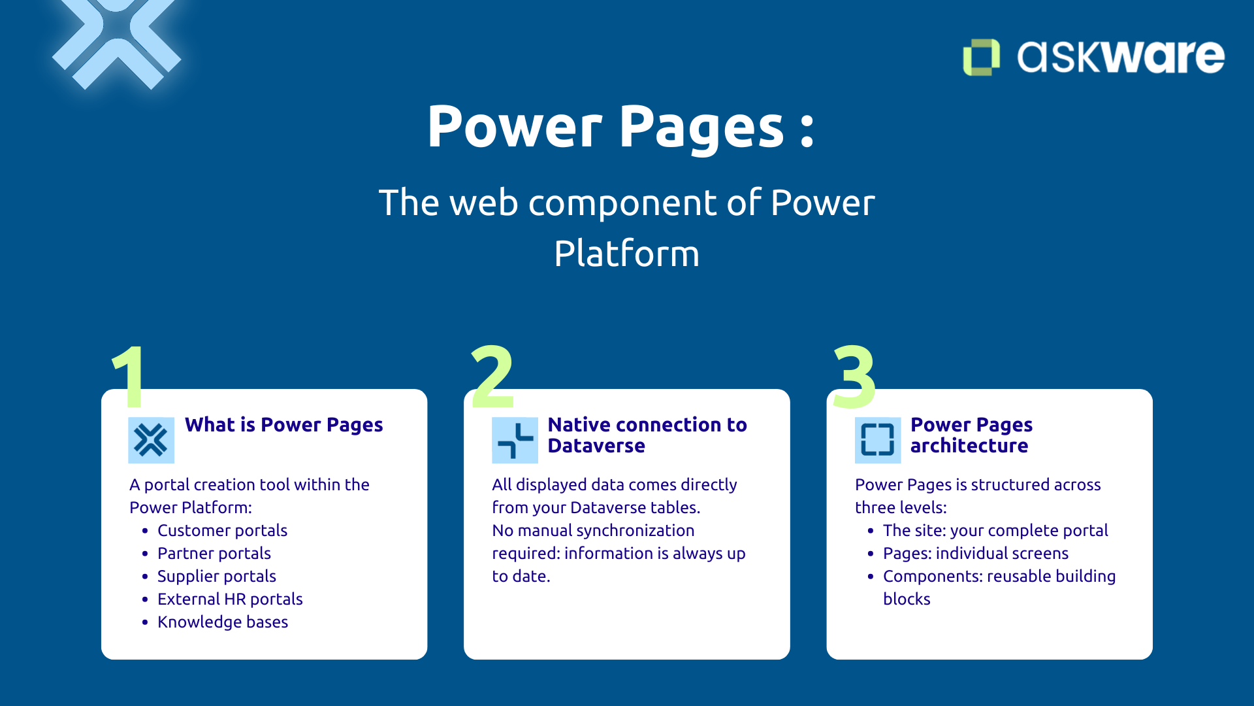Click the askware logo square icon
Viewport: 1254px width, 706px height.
click(981, 57)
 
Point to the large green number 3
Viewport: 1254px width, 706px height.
click(854, 377)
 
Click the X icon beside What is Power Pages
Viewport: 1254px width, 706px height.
click(151, 440)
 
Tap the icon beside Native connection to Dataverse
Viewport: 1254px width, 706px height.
click(515, 440)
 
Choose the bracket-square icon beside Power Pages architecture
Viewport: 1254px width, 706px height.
click(877, 440)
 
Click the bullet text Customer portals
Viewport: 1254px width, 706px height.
click(222, 530)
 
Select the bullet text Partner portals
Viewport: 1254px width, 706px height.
click(214, 553)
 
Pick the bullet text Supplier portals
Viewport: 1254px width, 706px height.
click(216, 576)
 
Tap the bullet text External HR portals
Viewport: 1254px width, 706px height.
click(230, 599)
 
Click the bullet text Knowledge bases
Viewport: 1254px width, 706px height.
click(222, 622)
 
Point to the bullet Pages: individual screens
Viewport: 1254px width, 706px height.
click(975, 553)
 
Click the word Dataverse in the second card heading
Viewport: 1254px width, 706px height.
click(596, 446)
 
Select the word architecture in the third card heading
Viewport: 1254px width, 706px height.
click(969, 446)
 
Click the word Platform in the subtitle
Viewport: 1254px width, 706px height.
click(626, 254)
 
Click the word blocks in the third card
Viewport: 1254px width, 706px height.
click(907, 599)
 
